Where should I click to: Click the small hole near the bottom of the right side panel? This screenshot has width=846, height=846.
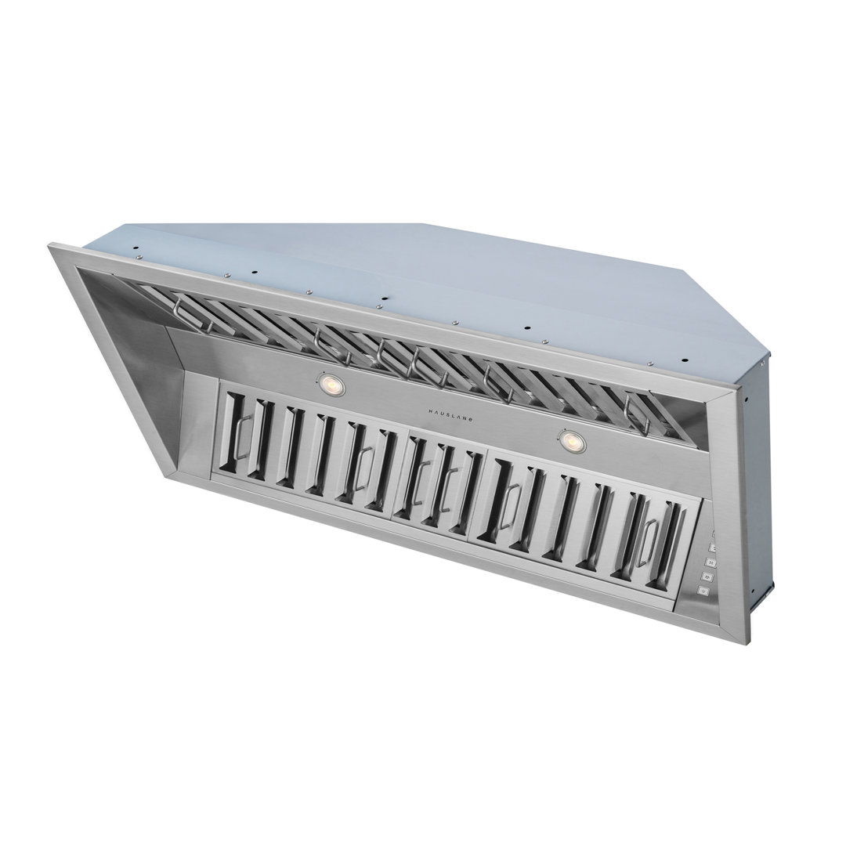(751, 587)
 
